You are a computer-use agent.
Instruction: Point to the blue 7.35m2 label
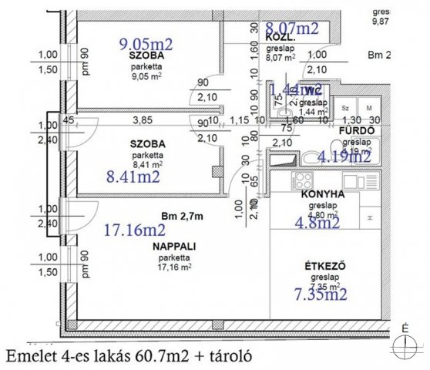(321, 294)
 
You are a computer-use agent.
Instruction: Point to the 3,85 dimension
(141, 121)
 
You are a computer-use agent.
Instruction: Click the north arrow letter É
(405, 328)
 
